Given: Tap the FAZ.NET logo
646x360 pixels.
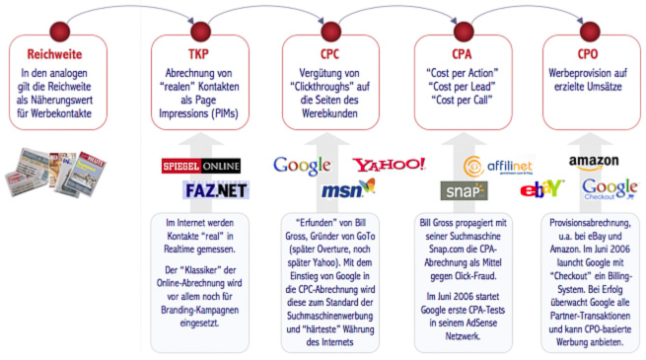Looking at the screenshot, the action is click(x=216, y=189).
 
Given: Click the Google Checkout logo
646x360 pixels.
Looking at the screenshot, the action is click(x=609, y=188).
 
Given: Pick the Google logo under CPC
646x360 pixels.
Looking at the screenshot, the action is click(x=302, y=165).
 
